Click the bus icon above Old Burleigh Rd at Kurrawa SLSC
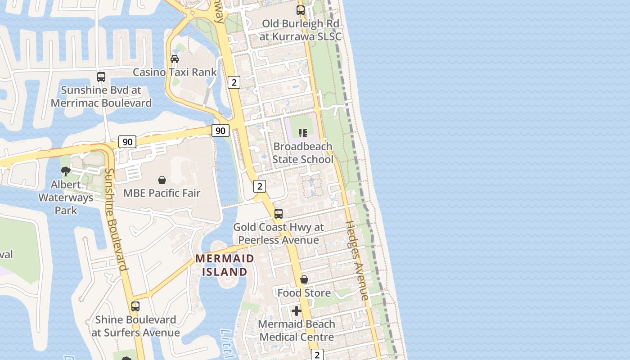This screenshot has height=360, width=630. click(x=300, y=10)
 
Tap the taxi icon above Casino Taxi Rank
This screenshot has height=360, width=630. click(x=175, y=59)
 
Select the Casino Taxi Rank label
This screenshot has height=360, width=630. click(x=175, y=72)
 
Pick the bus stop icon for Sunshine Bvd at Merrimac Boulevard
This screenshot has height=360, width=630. click(x=101, y=77)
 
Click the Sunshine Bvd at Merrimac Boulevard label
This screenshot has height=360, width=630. click(x=101, y=96)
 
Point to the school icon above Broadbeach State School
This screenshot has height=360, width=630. click(x=303, y=133)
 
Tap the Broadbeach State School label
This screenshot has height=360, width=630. click(x=303, y=153)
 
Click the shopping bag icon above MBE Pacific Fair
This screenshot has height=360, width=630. click(x=162, y=180)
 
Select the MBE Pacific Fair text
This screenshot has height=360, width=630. click(x=162, y=193)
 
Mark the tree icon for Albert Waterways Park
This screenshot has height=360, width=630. click(x=66, y=171)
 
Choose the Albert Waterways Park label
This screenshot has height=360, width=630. click(x=66, y=197)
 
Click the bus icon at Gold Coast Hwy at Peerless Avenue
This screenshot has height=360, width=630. click(x=279, y=214)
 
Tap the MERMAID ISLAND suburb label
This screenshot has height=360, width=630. click(x=225, y=265)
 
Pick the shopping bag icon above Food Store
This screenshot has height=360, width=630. click(x=304, y=279)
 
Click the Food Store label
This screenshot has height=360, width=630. click(x=304, y=293)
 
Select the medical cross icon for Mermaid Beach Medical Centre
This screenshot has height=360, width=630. click(x=297, y=311)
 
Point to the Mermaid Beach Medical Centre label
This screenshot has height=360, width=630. click(x=297, y=330)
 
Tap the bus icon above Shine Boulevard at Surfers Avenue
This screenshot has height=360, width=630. click(x=135, y=306)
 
